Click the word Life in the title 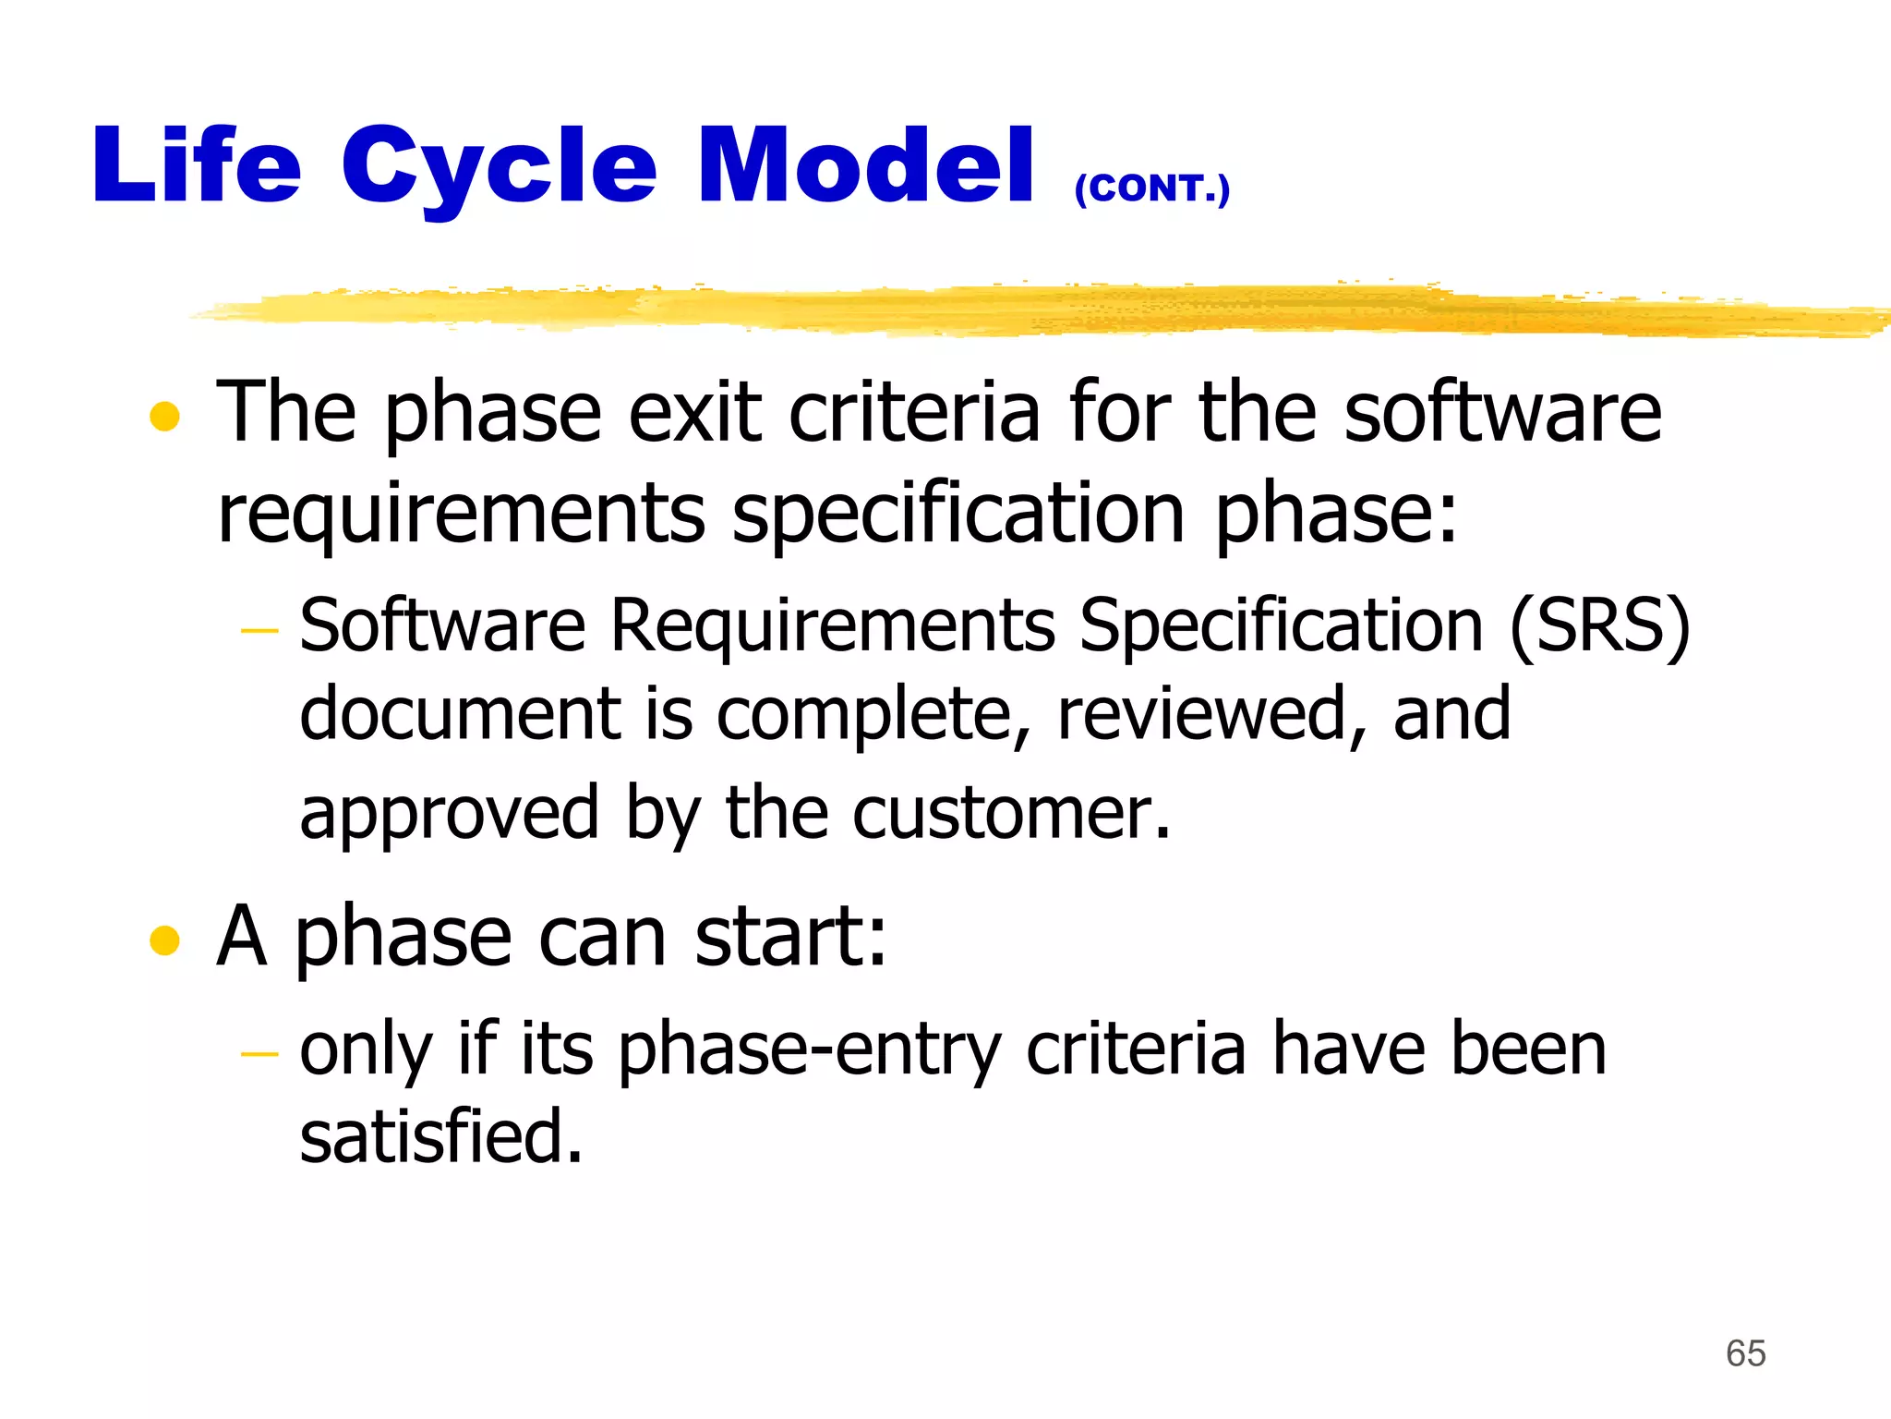click(x=197, y=166)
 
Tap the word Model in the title click(x=865, y=166)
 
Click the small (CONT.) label click(x=1151, y=188)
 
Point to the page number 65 click(x=1745, y=1353)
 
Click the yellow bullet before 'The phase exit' click(x=164, y=417)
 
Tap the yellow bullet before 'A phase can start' click(x=164, y=940)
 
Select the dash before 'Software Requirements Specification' click(x=259, y=631)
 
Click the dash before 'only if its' click(x=259, y=1053)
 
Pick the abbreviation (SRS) click(x=1599, y=626)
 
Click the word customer click(x=1011, y=813)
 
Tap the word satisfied click(x=441, y=1136)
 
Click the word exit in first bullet click(x=695, y=413)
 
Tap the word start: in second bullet click(x=790, y=937)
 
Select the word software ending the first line click(x=1502, y=413)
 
